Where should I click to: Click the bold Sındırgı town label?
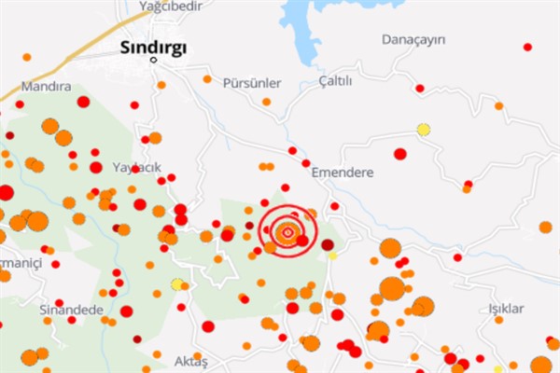tap(155, 47)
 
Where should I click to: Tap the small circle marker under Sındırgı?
tap(155, 62)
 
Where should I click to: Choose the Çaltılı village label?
tap(336, 81)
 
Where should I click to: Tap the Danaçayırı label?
tap(414, 39)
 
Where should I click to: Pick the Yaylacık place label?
tap(137, 167)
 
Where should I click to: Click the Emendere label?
tap(342, 173)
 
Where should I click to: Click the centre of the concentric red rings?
tap(288, 231)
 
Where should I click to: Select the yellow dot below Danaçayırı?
tap(424, 130)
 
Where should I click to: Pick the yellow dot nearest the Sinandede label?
tap(176, 283)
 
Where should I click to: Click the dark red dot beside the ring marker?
tap(328, 244)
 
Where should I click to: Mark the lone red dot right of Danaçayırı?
tap(527, 47)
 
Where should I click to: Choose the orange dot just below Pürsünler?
tap(267, 102)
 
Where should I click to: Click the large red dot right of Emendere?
tap(400, 154)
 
